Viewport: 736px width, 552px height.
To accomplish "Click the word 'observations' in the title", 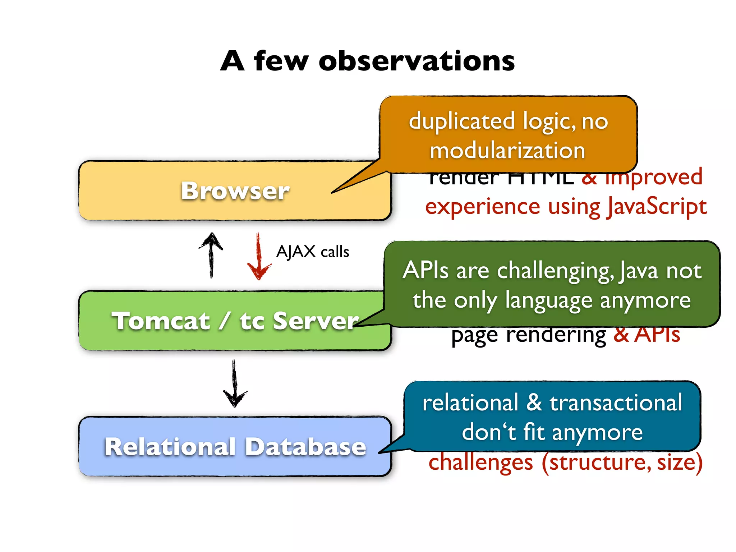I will [417, 61].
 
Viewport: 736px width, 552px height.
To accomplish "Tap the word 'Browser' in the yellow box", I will [235, 191].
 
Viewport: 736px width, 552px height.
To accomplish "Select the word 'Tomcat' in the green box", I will [161, 321].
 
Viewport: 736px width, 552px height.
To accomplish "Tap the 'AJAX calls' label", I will [313, 252].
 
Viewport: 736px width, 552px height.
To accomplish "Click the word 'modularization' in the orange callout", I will [507, 151].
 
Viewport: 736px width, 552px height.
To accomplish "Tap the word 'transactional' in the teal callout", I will [616, 402].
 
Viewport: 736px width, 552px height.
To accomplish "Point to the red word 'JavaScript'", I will [657, 207].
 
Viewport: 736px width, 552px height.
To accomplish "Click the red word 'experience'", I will [483, 207].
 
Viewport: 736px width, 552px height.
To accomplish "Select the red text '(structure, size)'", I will [622, 463].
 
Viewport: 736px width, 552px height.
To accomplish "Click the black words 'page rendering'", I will [528, 335].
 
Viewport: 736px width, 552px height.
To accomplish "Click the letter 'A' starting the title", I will [233, 61].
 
